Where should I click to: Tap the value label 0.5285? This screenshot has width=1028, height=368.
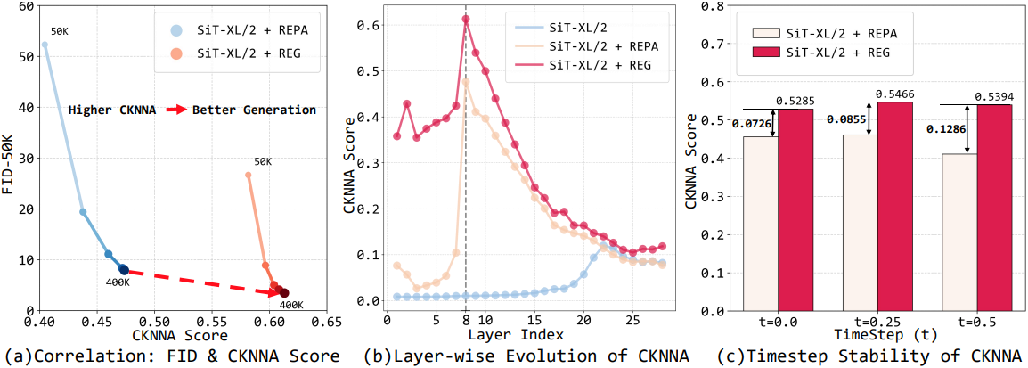(796, 100)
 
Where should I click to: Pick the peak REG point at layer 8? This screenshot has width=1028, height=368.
(466, 19)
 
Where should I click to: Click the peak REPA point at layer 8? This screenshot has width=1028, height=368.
(466, 81)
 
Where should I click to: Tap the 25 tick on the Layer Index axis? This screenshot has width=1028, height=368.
(632, 320)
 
